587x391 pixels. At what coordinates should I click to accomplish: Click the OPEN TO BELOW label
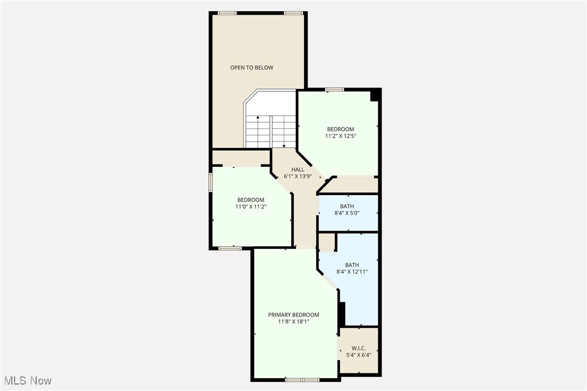(x=251, y=68)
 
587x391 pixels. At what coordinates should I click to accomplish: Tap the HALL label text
(x=298, y=170)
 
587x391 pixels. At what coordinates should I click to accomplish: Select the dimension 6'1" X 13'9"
(x=298, y=177)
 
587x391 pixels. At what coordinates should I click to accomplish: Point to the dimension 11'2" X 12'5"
(x=341, y=136)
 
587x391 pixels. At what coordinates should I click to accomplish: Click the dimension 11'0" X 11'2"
(x=251, y=206)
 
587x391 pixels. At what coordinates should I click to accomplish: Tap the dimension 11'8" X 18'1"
(x=293, y=322)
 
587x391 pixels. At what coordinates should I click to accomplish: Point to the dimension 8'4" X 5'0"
(x=347, y=213)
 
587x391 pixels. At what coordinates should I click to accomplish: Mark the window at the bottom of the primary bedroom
(x=303, y=380)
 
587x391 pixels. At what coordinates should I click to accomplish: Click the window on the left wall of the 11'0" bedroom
(x=210, y=181)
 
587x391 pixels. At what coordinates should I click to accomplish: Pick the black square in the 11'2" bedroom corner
(x=373, y=96)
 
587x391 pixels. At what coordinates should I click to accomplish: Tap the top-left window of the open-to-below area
(x=227, y=13)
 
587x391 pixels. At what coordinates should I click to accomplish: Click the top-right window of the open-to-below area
(x=292, y=13)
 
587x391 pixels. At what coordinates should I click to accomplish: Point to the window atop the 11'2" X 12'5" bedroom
(x=335, y=90)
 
